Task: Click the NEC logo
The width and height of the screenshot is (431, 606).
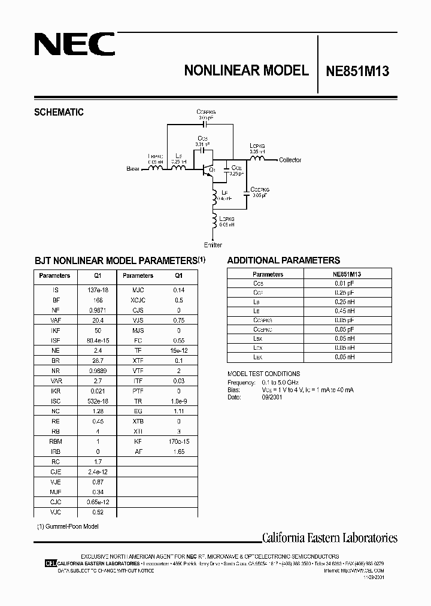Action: pos(73,45)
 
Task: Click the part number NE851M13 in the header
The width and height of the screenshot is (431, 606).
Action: pos(357,71)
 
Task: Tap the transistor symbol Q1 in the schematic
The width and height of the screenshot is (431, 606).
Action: pos(208,169)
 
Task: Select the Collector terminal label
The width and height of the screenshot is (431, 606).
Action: pos(290,160)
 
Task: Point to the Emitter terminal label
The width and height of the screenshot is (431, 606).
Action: pos(213,245)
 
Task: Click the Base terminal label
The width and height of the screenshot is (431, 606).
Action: pos(133,169)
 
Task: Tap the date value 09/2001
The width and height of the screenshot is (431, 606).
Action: pos(271,396)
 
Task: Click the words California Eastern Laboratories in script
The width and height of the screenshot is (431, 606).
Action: pos(329,538)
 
